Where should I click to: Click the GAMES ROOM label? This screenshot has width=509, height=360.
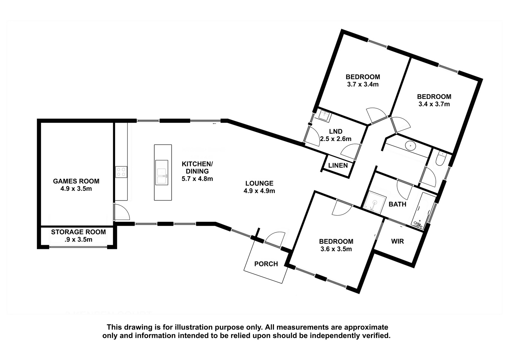click(x=76, y=181)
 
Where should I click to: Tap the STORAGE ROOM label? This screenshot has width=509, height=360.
click(x=78, y=232)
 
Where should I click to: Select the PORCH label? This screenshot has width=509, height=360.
click(x=266, y=264)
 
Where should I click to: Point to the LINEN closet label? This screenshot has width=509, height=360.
click(x=338, y=165)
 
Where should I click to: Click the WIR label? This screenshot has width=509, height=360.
click(x=397, y=241)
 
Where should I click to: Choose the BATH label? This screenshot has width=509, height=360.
click(x=397, y=204)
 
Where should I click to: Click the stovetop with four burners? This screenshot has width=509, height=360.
click(x=121, y=172)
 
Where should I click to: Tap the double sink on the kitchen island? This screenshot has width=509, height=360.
click(x=162, y=173)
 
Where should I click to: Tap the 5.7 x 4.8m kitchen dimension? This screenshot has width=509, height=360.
click(x=197, y=179)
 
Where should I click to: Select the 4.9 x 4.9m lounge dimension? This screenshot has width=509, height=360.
click(x=259, y=191)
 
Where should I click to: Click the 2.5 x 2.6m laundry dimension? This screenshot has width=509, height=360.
click(x=336, y=139)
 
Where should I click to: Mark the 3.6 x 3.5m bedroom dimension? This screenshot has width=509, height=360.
click(x=336, y=249)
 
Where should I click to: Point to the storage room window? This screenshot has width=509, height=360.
click(x=78, y=247)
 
